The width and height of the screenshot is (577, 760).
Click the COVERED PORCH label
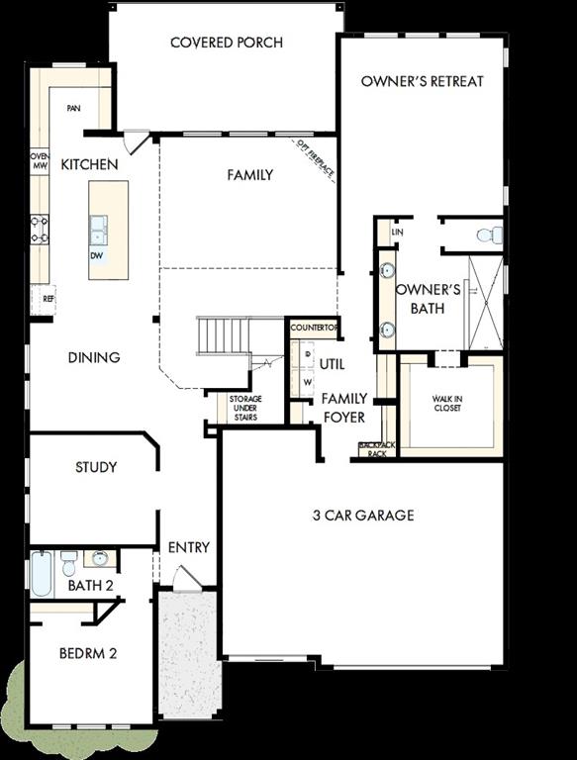tap(226, 43)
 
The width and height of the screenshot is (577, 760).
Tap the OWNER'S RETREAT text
tap(422, 81)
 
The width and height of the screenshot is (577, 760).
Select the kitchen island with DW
tap(108, 230)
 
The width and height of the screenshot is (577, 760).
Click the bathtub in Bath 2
tap(42, 574)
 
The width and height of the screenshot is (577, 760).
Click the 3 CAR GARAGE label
tap(363, 515)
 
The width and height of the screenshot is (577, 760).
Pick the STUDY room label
tap(96, 467)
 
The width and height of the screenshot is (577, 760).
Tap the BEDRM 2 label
tap(88, 653)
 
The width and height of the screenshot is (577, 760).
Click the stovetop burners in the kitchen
tap(40, 230)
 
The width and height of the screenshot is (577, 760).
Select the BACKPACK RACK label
tap(377, 450)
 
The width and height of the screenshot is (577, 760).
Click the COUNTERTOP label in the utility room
tap(315, 328)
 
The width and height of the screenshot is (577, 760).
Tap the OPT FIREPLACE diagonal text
tap(315, 160)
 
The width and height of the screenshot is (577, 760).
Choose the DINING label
tap(94, 357)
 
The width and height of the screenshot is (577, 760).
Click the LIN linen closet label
tap(397, 232)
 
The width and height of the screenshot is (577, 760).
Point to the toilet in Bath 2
tap(68, 563)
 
